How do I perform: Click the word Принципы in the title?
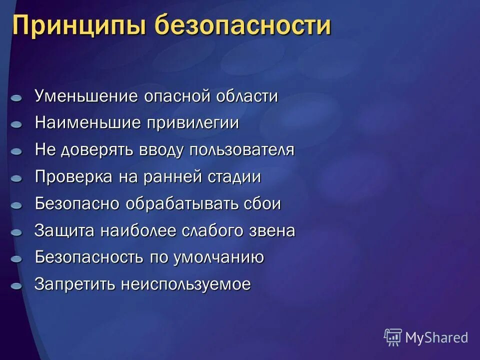coord(78,25)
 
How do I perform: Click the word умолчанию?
coord(218,258)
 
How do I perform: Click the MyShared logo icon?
coord(392,337)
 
